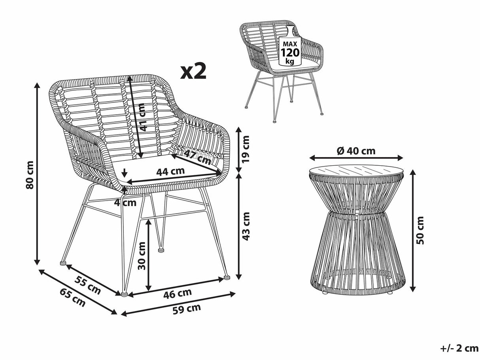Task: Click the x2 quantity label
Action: pyautogui.click(x=194, y=71)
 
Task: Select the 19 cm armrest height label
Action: pyautogui.click(x=246, y=149)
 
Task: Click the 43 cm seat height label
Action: pyautogui.click(x=246, y=226)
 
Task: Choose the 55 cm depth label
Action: pyautogui.click(x=88, y=286)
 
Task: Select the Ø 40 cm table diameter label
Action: pyautogui.click(x=356, y=151)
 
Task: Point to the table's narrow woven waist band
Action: pyautogui.click(x=356, y=216)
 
